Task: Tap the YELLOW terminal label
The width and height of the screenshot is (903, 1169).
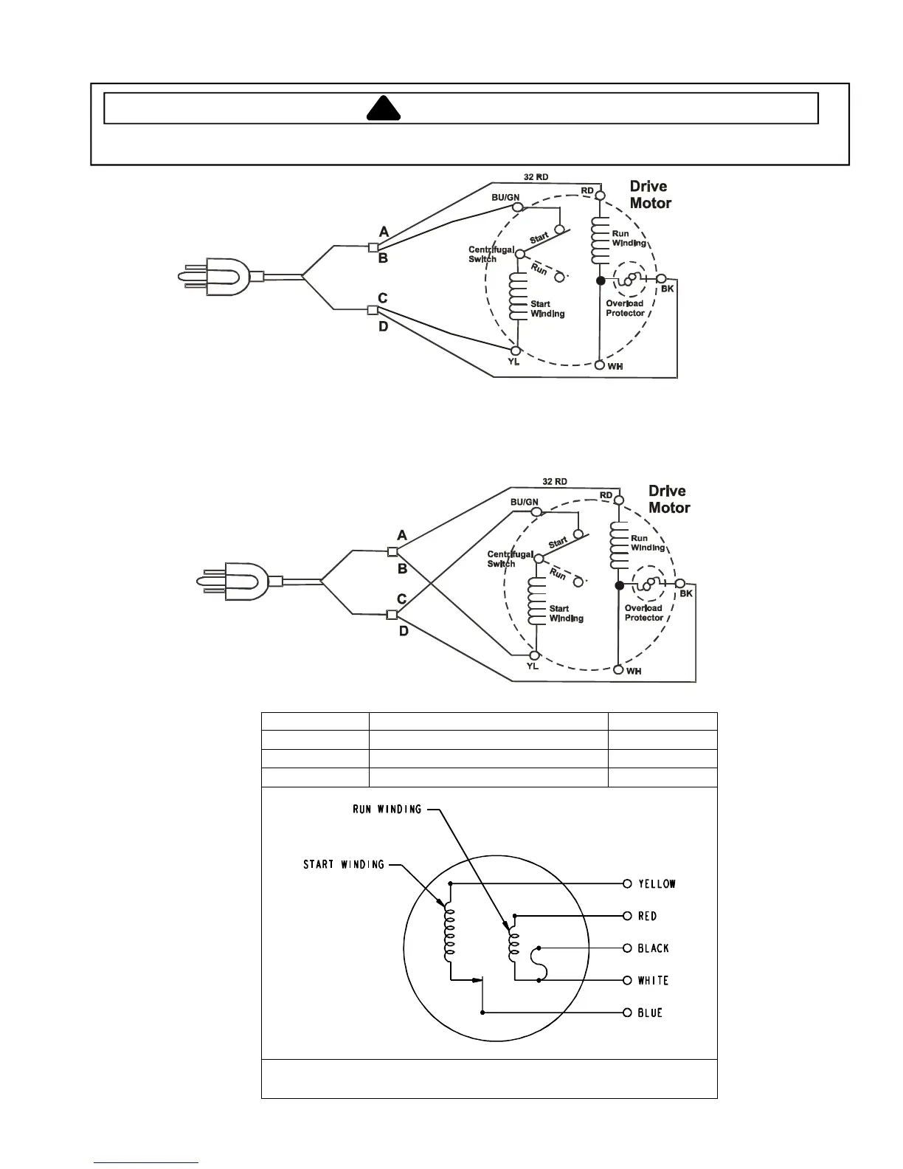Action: pyautogui.click(x=657, y=884)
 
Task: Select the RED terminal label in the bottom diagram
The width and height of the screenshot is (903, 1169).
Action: pyautogui.click(x=647, y=917)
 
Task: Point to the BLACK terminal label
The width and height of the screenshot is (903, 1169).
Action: pyautogui.click(x=653, y=948)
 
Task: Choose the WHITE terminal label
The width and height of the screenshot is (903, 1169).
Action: pyautogui.click(x=653, y=981)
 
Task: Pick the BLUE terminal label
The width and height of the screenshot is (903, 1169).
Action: pyautogui.click(x=650, y=1013)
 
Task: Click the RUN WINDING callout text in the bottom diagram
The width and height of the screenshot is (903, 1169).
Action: pyautogui.click(x=387, y=810)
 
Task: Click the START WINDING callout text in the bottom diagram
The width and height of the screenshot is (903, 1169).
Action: pyautogui.click(x=344, y=864)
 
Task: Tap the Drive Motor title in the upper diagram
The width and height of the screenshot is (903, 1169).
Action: pyautogui.click(x=650, y=195)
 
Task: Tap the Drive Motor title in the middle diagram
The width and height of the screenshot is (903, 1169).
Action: pyautogui.click(x=668, y=500)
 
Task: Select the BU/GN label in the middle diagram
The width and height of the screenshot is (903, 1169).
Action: pyautogui.click(x=524, y=503)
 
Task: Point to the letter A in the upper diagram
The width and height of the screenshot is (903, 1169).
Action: pyautogui.click(x=384, y=233)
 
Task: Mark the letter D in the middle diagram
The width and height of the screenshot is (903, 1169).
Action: pyautogui.click(x=404, y=632)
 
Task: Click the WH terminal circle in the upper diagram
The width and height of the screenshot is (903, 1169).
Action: pyautogui.click(x=601, y=365)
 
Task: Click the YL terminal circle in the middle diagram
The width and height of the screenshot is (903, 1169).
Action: pyautogui.click(x=533, y=655)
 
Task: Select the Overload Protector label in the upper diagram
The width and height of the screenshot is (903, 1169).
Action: pyautogui.click(x=625, y=308)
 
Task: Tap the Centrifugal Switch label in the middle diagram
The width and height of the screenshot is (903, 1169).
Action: pyautogui.click(x=509, y=559)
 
